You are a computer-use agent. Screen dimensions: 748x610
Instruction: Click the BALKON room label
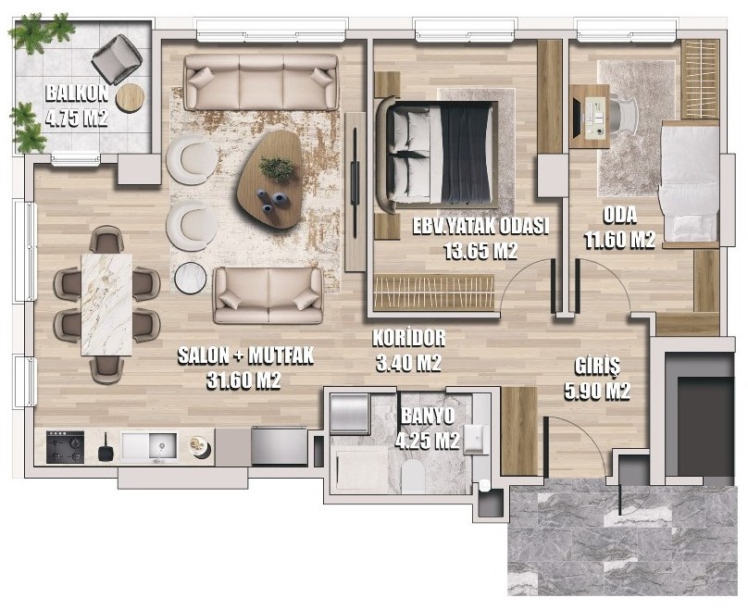pyautogui.click(x=77, y=93)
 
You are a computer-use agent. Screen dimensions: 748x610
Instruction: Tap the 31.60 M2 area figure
pyautogui.click(x=243, y=380)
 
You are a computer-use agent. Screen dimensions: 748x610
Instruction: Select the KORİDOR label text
pyautogui.click(x=409, y=338)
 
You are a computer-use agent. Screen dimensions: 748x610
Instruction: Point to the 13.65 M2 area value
pyautogui.click(x=480, y=251)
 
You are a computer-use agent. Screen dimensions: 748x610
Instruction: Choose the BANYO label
pyautogui.click(x=428, y=417)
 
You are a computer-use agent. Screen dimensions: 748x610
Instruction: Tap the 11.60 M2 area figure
pyautogui.click(x=620, y=241)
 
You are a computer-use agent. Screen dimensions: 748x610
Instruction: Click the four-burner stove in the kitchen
pyautogui.click(x=66, y=447)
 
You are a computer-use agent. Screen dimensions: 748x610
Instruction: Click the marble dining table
pyautogui.click(x=106, y=305)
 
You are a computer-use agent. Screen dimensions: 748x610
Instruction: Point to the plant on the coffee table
pyautogui.click(x=276, y=168)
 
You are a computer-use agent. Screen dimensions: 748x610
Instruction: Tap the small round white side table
pyautogui.click(x=191, y=278)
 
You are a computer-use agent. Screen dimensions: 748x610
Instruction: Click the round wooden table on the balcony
pyautogui.click(x=130, y=98)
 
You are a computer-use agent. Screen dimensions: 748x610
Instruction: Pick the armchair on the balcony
pyautogui.click(x=117, y=59)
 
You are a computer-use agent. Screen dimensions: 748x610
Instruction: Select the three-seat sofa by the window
pyautogui.click(x=261, y=82)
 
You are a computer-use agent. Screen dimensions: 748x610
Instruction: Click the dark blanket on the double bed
pyautogui.click(x=467, y=154)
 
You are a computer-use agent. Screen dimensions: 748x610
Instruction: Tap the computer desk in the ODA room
pyautogui.click(x=590, y=117)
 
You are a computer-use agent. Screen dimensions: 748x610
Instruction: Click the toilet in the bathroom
pyautogui.click(x=413, y=477)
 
